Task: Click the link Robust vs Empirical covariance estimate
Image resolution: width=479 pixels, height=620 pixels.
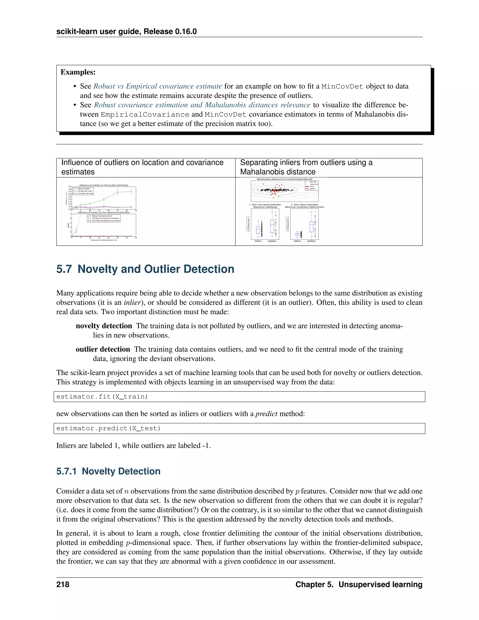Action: point(157,86)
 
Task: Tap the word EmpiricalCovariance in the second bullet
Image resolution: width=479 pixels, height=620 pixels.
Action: point(145,114)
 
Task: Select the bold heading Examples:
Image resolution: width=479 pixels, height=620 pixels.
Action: point(78,72)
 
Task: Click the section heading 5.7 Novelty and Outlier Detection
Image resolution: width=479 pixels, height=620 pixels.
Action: point(145,269)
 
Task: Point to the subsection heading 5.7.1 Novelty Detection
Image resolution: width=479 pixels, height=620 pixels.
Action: point(108,471)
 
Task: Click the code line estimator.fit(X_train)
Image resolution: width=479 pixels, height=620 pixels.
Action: point(102,397)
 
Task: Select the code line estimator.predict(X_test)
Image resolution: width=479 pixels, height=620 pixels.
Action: point(108,428)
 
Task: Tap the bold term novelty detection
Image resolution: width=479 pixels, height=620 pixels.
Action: point(104,326)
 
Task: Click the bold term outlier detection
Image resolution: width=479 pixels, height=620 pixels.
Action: point(103,349)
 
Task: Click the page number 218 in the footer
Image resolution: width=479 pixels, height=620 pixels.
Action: point(63,584)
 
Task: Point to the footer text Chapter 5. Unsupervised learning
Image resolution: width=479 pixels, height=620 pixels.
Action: point(359,584)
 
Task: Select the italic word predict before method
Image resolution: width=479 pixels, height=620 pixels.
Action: point(266,414)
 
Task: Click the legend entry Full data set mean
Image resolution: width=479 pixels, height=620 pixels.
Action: point(85,191)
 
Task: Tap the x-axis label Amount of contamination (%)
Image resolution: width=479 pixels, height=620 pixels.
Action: point(104,240)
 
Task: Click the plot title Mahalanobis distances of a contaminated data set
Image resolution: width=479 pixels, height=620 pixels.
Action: point(285,179)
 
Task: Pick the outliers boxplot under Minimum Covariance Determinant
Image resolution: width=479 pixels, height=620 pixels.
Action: point(311,226)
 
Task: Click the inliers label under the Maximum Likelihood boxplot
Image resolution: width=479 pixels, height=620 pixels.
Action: point(258,241)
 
